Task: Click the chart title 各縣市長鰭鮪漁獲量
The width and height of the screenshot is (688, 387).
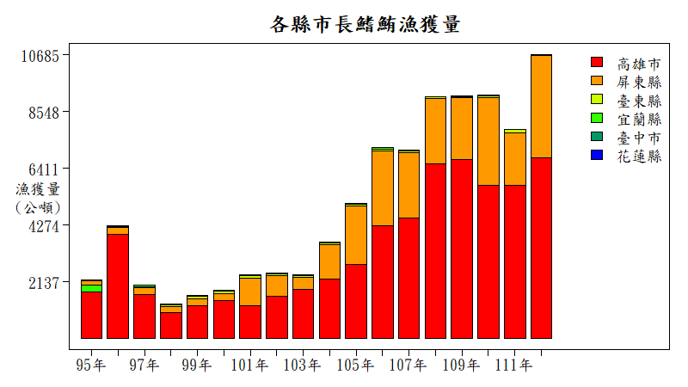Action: pos(365,24)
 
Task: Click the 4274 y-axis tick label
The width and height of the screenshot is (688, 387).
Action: pos(43,226)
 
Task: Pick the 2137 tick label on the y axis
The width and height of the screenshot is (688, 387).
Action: pos(43,283)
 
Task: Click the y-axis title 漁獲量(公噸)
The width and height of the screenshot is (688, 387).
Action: pos(38,198)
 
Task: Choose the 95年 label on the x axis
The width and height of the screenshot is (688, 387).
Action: pos(91,365)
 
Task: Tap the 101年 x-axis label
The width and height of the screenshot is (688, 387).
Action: pos(249,365)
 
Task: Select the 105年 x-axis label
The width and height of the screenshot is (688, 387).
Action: pos(355,365)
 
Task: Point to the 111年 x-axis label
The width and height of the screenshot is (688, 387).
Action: pos(514,365)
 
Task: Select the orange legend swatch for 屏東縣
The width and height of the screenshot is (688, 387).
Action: pos(597,82)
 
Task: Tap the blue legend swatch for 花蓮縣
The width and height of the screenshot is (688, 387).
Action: pos(597,156)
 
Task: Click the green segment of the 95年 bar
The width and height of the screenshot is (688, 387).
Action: pos(91,288)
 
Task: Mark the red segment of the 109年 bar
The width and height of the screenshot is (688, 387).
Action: pos(462,249)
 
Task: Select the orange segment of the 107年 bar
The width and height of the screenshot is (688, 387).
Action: pos(408,185)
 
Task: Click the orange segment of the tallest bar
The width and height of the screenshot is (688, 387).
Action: pos(541,107)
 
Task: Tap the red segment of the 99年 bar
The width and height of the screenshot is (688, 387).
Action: pos(197,322)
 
